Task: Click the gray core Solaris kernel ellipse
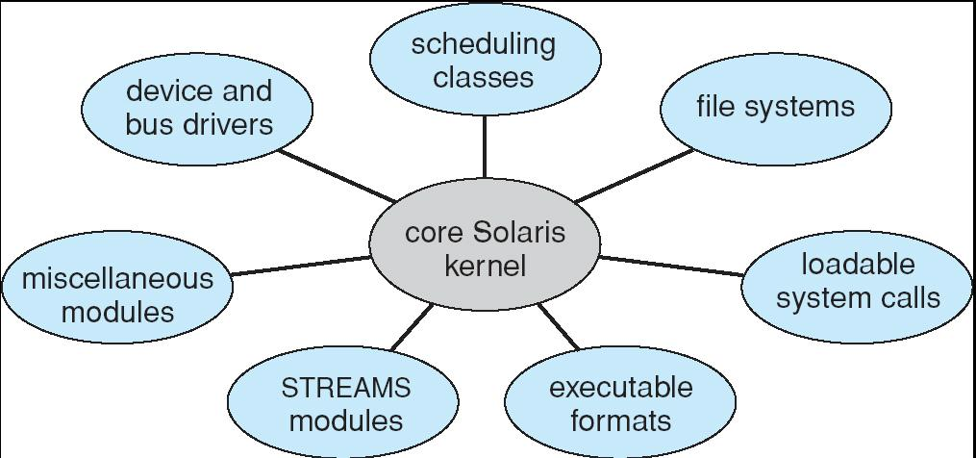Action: pyautogui.click(x=485, y=249)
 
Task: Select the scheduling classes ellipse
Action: pyautogui.click(x=484, y=60)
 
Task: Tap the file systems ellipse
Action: pyautogui.click(x=775, y=107)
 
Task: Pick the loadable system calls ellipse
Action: pyautogui.click(x=857, y=281)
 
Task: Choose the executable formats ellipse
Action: pyautogui.click(x=620, y=403)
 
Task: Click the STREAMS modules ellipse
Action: pyautogui.click(x=345, y=403)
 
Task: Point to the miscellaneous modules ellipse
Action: pyautogui.click(x=117, y=294)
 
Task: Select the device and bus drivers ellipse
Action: pyautogui.click(x=198, y=108)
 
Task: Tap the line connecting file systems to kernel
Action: pyautogui.click(x=634, y=176)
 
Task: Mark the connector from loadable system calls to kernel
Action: pyautogui.click(x=670, y=266)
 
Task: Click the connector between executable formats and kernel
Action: pyautogui.click(x=559, y=326)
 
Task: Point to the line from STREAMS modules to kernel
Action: pyautogui.click(x=412, y=327)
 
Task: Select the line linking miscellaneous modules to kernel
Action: pyautogui.click(x=300, y=266)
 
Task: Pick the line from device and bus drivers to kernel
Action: pyautogui.click(x=337, y=176)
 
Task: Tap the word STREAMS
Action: pyautogui.click(x=345, y=388)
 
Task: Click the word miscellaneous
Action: pyautogui.click(x=117, y=279)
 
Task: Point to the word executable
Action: pyautogui.click(x=620, y=388)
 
